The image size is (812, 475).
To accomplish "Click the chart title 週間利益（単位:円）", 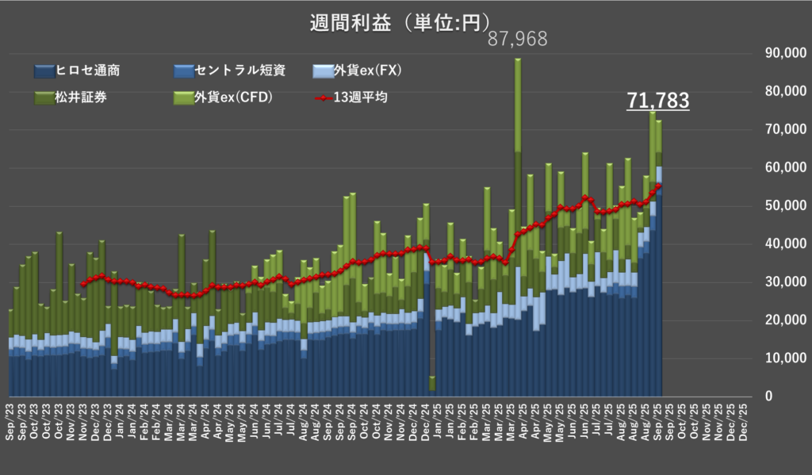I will [x=400, y=22].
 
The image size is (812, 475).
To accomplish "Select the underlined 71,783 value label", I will [x=657, y=101].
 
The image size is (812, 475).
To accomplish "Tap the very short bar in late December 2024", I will [x=432, y=384].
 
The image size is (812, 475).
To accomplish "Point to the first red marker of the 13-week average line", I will [x=83, y=284].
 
